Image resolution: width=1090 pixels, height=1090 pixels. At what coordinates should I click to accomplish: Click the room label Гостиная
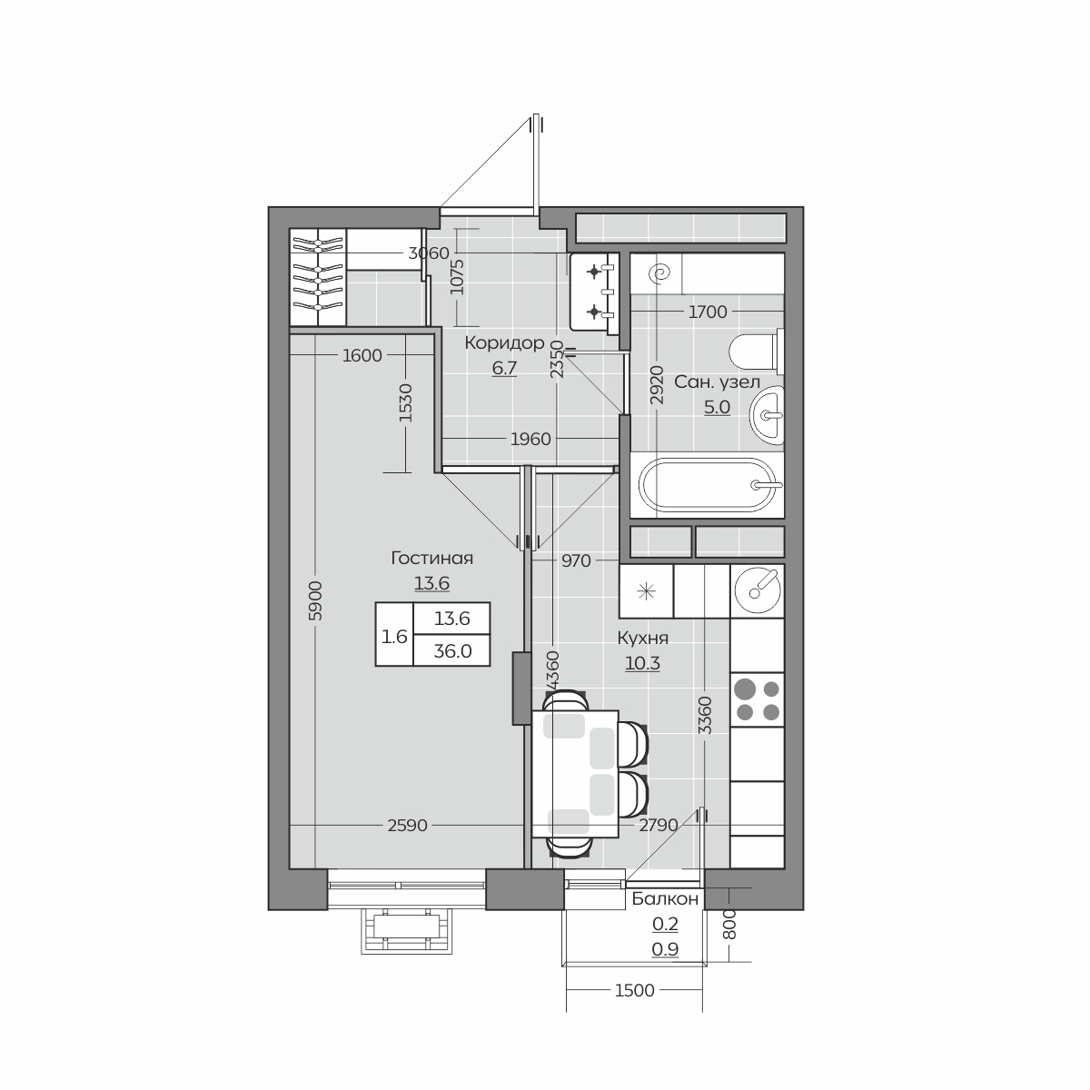click(x=431, y=559)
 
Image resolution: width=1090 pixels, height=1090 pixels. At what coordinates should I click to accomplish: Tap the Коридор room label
click(x=504, y=342)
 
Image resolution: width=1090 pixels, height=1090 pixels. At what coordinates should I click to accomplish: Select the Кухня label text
click(x=642, y=638)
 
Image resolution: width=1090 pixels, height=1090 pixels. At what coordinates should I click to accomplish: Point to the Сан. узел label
click(x=717, y=381)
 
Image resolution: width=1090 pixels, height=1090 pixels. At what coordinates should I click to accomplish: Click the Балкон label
click(x=665, y=898)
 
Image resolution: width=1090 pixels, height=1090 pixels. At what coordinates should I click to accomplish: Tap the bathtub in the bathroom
click(x=707, y=484)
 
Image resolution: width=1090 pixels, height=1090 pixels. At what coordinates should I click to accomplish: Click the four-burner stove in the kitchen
click(x=757, y=699)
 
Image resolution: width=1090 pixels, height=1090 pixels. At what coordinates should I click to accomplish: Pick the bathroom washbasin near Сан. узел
click(x=768, y=415)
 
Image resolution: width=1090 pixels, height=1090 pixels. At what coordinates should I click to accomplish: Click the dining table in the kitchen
click(x=575, y=774)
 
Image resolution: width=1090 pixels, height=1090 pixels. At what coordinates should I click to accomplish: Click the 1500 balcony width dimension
click(x=635, y=990)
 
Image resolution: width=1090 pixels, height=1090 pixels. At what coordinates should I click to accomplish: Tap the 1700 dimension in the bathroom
click(x=708, y=312)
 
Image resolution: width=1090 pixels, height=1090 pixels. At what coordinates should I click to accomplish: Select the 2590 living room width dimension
click(x=407, y=826)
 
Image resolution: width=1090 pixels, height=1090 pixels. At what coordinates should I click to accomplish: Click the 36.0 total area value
click(x=452, y=651)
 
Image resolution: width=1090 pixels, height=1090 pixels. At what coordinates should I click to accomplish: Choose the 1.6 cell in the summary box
click(x=394, y=637)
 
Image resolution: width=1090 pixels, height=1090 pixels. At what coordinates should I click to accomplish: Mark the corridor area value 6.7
click(x=504, y=368)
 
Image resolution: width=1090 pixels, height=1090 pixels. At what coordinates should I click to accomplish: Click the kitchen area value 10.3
click(x=642, y=663)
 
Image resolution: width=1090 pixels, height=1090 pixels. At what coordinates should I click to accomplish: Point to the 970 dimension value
click(x=576, y=560)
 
